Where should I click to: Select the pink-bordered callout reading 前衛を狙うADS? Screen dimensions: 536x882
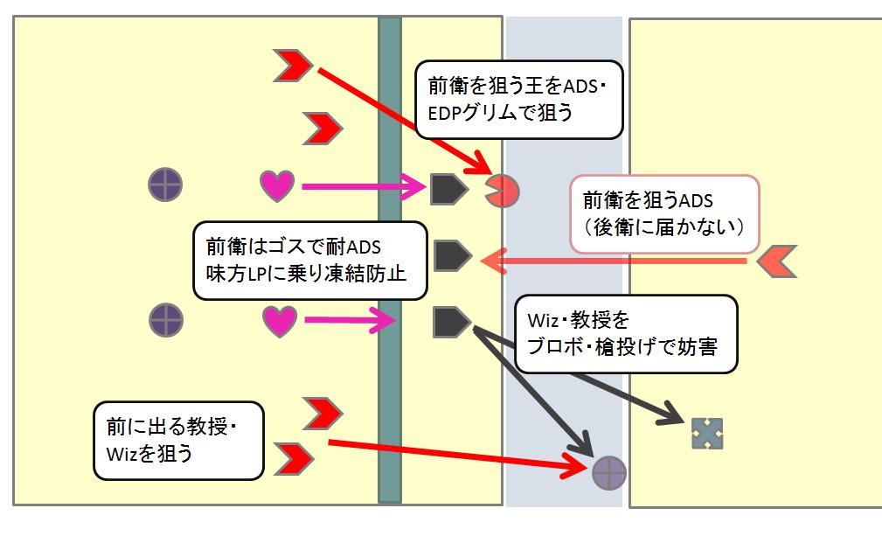664,212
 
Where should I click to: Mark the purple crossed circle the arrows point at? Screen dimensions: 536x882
609,472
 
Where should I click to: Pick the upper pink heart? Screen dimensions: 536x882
278,185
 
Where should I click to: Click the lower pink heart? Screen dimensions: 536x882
280,321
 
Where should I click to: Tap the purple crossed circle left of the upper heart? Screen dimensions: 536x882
165,185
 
